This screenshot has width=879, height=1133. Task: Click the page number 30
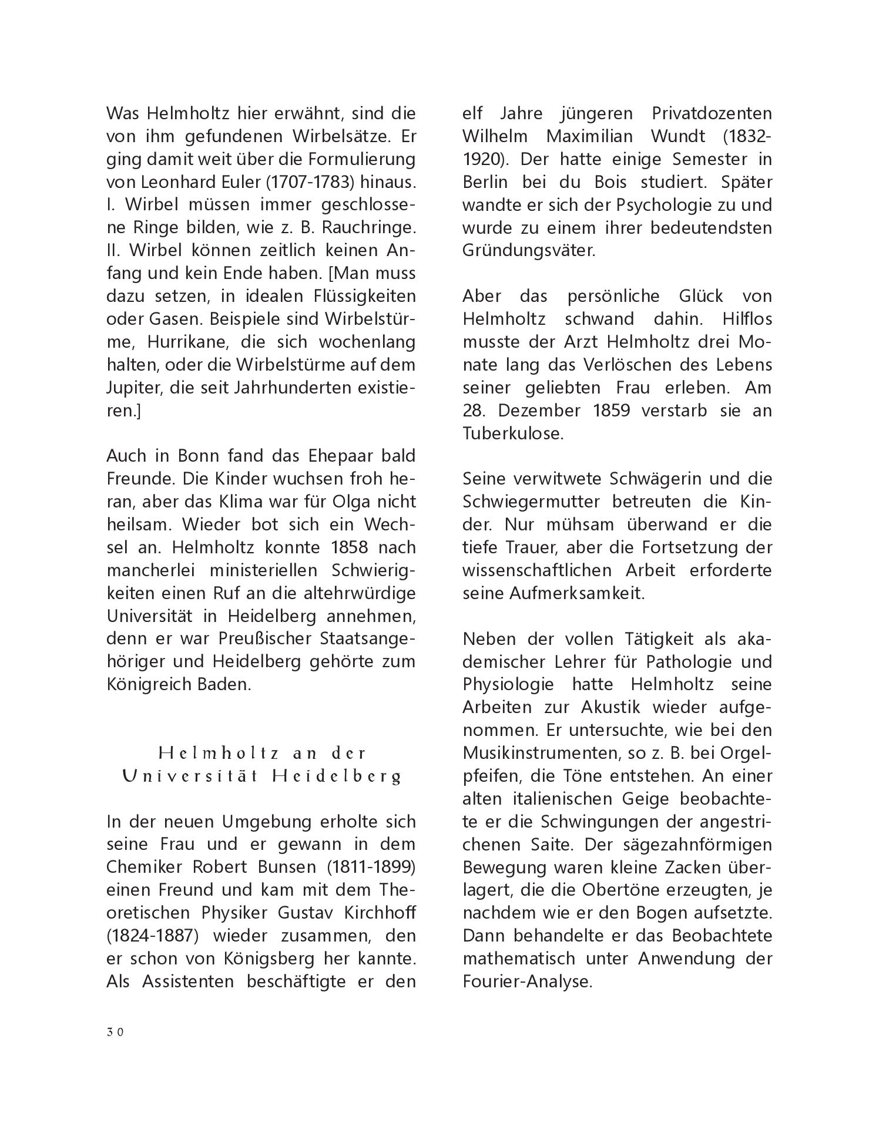pos(115,1033)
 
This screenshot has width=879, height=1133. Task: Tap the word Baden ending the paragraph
pos(224,684)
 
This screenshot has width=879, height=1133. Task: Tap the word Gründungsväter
pos(529,250)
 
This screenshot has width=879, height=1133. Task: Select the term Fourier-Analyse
pos(526,981)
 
